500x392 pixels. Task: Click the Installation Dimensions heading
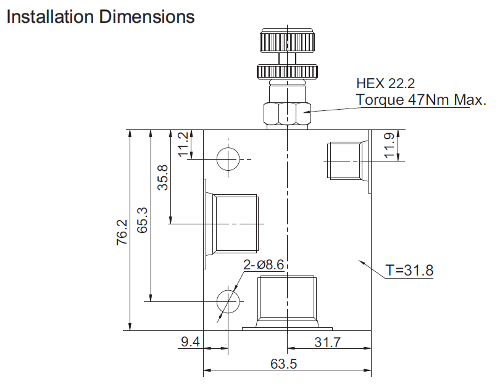tap(100, 17)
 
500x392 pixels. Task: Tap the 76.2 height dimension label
tap(122, 232)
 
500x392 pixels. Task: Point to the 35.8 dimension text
tap(162, 178)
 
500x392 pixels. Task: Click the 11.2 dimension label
tap(183, 144)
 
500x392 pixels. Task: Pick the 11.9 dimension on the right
tap(389, 146)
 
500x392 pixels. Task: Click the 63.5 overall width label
tap(284, 364)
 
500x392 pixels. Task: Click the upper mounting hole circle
tap(228, 160)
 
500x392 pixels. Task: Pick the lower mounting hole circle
tap(228, 301)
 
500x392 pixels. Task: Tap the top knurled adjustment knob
tap(288, 43)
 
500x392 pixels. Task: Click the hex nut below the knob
tap(288, 113)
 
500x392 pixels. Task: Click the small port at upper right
tap(344, 160)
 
